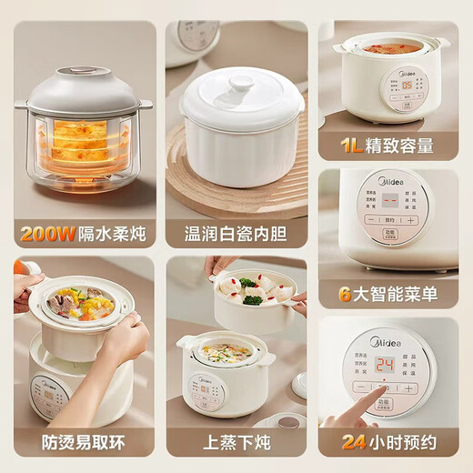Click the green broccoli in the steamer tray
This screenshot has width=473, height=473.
(x=252, y=297)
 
